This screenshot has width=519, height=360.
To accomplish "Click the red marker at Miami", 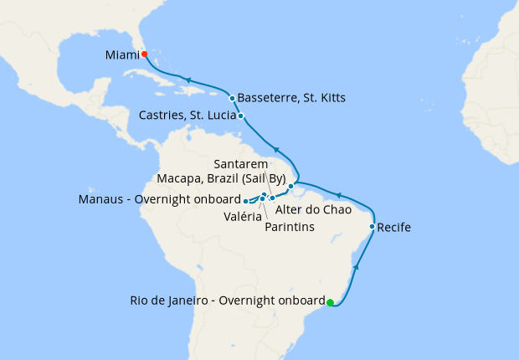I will tap(144, 54).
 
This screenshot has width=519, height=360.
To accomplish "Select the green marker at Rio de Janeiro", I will tap(330, 302).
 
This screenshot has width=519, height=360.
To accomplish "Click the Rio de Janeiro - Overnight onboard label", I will tap(227, 301).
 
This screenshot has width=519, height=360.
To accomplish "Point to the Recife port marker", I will tap(372, 226).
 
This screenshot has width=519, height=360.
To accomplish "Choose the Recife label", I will tap(394, 227).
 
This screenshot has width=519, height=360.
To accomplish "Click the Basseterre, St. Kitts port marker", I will tap(232, 98).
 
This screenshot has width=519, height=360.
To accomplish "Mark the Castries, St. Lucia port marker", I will tap(241, 116).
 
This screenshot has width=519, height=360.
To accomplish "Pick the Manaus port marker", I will tap(245, 201).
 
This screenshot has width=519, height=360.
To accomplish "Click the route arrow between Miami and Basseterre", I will tap(191, 79).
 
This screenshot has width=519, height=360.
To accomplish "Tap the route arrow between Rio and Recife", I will tap(357, 266).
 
